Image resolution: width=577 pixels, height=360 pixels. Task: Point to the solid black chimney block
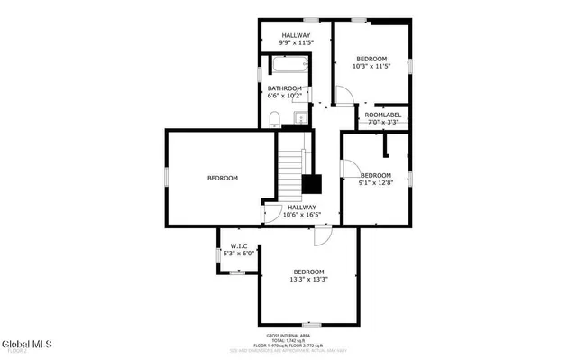[x=312, y=183]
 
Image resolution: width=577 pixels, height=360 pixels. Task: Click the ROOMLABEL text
[x=381, y=115]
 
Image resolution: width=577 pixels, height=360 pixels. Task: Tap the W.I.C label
[x=239, y=245]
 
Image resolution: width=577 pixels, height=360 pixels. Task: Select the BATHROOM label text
[x=284, y=88]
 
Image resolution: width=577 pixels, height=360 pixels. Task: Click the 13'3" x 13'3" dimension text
[x=308, y=280]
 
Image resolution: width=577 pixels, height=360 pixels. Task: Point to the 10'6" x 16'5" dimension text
[x=302, y=215]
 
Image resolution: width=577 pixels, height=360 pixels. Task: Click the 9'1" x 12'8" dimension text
[x=376, y=183]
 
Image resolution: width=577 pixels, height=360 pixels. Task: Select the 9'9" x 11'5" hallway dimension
[x=295, y=42]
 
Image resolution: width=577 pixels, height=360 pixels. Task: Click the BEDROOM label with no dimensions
[x=222, y=179]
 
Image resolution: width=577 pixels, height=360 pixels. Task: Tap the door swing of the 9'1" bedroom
[x=347, y=167]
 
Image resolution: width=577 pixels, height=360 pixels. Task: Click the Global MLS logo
[x=26, y=344]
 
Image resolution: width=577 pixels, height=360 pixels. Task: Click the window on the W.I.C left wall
[x=217, y=256]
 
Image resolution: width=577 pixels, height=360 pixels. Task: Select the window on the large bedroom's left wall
[x=166, y=178]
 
